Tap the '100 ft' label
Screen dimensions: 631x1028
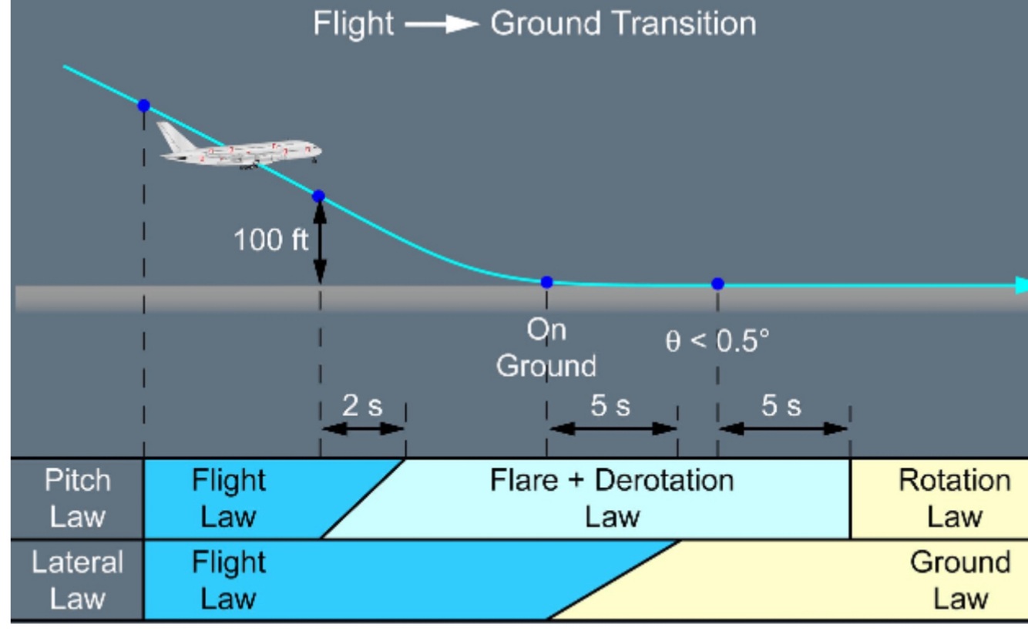coord(270,240)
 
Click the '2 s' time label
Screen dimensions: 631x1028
coord(361,406)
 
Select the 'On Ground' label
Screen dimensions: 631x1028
coord(546,347)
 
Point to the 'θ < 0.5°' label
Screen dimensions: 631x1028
coord(717,341)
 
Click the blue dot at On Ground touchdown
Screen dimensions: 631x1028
coord(546,282)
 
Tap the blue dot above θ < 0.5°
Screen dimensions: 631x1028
coord(717,284)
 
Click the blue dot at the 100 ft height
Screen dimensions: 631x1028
coord(318,196)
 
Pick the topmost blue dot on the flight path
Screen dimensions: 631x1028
coord(143,106)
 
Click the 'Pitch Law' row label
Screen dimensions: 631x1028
coord(77,498)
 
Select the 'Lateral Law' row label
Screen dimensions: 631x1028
coord(77,579)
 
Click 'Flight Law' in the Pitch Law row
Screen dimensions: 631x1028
coord(228,498)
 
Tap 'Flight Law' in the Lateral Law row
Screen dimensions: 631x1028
coord(228,579)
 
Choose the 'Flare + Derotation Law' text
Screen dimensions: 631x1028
coord(612,498)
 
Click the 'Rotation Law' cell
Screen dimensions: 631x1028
coord(954,498)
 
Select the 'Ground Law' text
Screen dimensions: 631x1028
coord(959,579)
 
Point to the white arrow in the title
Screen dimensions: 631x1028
coord(442,25)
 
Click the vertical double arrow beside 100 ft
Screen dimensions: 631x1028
coord(320,241)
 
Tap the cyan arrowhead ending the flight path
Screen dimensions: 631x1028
coord(1021,286)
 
